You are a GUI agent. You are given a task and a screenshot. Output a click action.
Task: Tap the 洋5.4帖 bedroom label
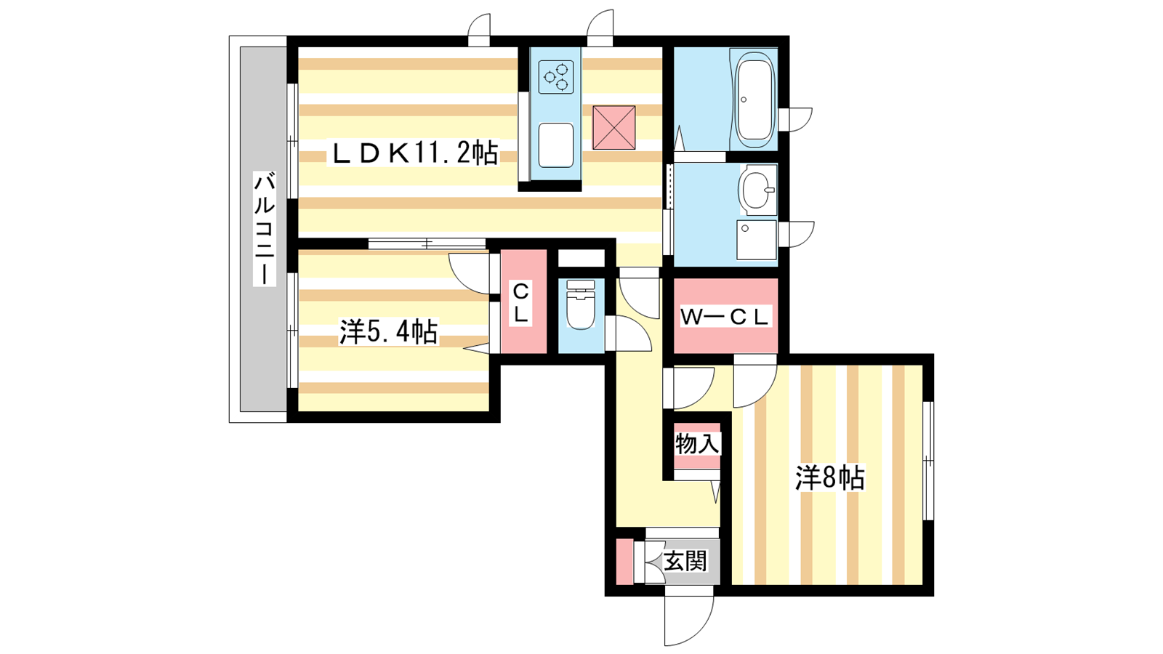(x=388, y=331)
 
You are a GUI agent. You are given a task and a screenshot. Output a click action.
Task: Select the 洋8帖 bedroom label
(x=830, y=478)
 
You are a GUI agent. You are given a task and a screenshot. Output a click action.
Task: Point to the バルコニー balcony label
(x=265, y=228)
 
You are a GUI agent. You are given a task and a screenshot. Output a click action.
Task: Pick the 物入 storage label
(x=697, y=444)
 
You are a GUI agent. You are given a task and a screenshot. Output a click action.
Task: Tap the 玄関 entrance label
(x=685, y=562)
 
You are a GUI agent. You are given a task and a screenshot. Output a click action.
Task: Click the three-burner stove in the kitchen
(x=556, y=77)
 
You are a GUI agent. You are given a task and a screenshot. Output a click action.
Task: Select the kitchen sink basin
(x=556, y=145)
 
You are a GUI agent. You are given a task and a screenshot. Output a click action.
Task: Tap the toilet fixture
(x=581, y=305)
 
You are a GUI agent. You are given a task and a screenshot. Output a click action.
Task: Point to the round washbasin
(x=758, y=190)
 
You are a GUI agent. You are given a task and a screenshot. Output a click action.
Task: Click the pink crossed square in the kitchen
(x=614, y=128)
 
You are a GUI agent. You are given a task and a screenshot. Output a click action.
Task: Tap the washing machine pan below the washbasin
(x=757, y=240)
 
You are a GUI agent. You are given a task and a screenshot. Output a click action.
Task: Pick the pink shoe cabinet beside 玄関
(x=624, y=562)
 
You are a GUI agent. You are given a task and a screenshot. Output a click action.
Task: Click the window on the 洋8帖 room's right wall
(x=928, y=460)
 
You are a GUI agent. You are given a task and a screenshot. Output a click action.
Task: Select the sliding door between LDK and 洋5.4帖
(x=427, y=243)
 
